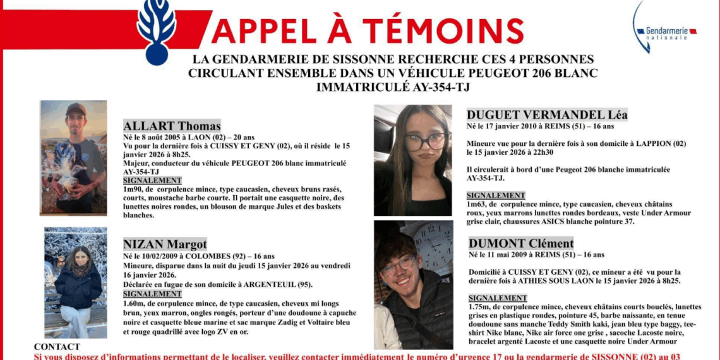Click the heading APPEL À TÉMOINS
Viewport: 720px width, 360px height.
pyautogui.click(x=367, y=30)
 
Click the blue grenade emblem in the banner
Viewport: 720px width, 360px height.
pyautogui.click(x=156, y=30)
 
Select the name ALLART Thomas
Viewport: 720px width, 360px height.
pyautogui.click(x=172, y=126)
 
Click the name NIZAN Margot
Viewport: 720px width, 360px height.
pyautogui.click(x=165, y=244)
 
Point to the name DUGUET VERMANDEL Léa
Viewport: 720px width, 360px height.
pyautogui.click(x=547, y=114)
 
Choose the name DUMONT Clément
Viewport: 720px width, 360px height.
pyautogui.click(x=521, y=243)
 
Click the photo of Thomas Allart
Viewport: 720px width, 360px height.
pyautogui.click(x=73, y=157)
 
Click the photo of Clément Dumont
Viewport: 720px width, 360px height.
pyautogui.click(x=413, y=284)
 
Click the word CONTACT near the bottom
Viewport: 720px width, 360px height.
pyautogui.click(x=57, y=347)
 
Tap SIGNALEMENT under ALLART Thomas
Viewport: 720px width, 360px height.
pyautogui.click(x=152, y=181)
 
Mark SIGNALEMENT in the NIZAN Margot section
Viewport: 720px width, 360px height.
pyautogui.click(x=152, y=294)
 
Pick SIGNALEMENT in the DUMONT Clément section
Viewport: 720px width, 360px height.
pyautogui.click(x=498, y=298)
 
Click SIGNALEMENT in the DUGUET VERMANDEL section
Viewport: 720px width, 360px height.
pyautogui.click(x=496, y=196)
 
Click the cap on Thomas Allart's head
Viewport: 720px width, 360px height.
pyautogui.click(x=76, y=109)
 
